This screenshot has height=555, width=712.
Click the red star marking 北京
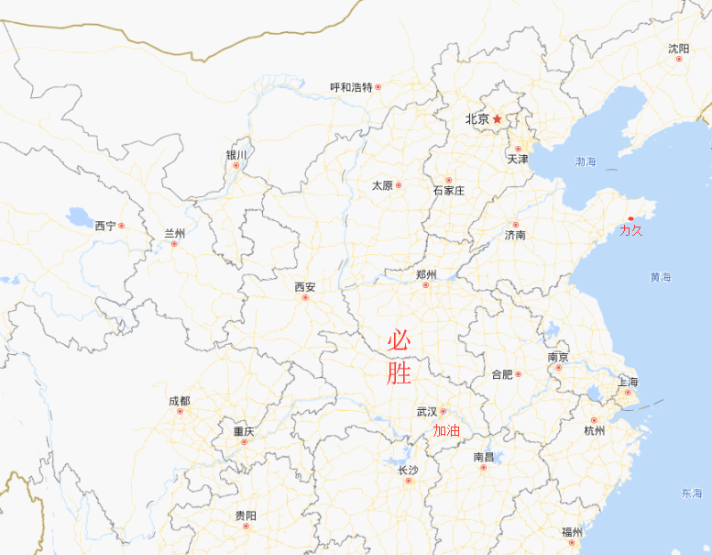(498, 119)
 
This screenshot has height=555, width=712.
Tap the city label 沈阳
(678, 49)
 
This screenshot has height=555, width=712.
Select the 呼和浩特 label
(352, 87)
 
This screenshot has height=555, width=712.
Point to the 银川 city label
(236, 155)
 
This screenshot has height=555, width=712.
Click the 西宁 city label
(105, 226)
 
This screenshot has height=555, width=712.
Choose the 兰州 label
(175, 233)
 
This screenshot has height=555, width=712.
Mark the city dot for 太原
(399, 185)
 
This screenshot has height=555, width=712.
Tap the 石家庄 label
(449, 191)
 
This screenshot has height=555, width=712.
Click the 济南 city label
(515, 235)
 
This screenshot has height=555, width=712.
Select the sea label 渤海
(586, 161)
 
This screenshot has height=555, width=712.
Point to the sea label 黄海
(661, 277)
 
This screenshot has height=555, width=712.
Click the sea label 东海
(691, 494)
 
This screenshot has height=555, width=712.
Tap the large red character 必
(399, 341)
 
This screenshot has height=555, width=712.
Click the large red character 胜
(399, 373)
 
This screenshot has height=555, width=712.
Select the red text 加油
(446, 430)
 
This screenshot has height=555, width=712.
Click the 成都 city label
(180, 401)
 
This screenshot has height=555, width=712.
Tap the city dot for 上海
(628, 393)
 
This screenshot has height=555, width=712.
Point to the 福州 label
(572, 532)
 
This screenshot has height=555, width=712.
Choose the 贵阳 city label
(246, 516)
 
